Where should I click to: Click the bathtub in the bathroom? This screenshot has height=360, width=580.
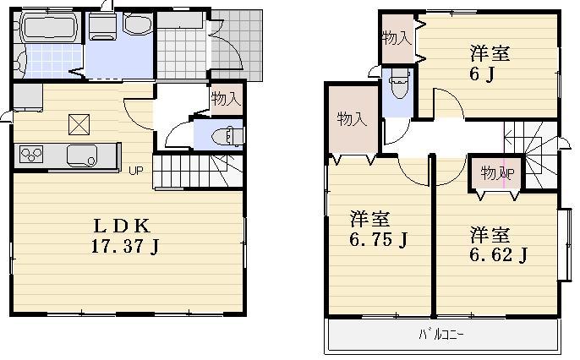(47, 29)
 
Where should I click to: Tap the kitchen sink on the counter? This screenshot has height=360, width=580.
(81, 155)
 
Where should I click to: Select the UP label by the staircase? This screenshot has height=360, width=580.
(135, 171)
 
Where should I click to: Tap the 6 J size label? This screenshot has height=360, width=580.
(490, 74)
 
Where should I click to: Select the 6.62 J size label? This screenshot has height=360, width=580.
(499, 254)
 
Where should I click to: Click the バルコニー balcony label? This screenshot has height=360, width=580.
(441, 335)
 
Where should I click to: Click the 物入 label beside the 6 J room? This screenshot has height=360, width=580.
(396, 38)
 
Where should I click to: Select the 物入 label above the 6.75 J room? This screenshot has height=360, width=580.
(352, 119)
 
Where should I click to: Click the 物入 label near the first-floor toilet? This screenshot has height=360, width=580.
(226, 100)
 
